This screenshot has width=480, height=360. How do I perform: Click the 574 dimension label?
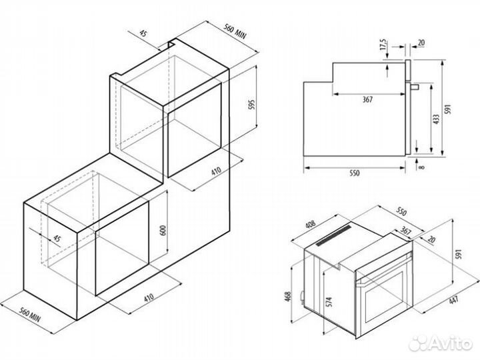(x=328, y=300)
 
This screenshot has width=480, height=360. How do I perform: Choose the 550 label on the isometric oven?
(x=401, y=210)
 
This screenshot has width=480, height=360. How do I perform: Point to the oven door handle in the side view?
(x=414, y=87)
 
